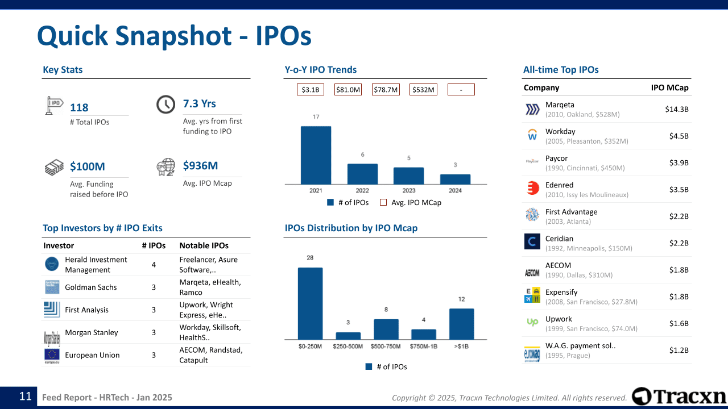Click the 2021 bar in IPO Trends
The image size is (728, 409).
pos(316,155)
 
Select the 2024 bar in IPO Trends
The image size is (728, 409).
pos(455,179)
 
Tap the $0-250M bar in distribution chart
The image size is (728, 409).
pos(310,303)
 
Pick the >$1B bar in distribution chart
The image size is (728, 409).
pos(461,324)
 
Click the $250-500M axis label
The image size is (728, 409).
pos(348,347)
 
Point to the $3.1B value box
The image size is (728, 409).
pos(311,90)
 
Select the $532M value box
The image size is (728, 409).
pos(423,90)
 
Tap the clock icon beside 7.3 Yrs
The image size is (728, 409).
pos(166,105)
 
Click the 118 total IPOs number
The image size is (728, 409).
pos(79,108)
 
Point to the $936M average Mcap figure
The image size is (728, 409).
pos(200,166)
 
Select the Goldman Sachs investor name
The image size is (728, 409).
pos(91,287)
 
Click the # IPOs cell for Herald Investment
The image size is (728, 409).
pos(154,265)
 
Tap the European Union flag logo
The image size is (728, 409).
pos(52,355)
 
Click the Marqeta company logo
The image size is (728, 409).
pos(532,110)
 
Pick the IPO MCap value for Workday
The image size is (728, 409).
pos(679,136)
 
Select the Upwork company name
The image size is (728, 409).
pos(559,319)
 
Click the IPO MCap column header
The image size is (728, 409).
pos(669,88)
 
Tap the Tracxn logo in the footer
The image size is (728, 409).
pos(679,397)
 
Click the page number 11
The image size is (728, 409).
pos(25,397)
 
